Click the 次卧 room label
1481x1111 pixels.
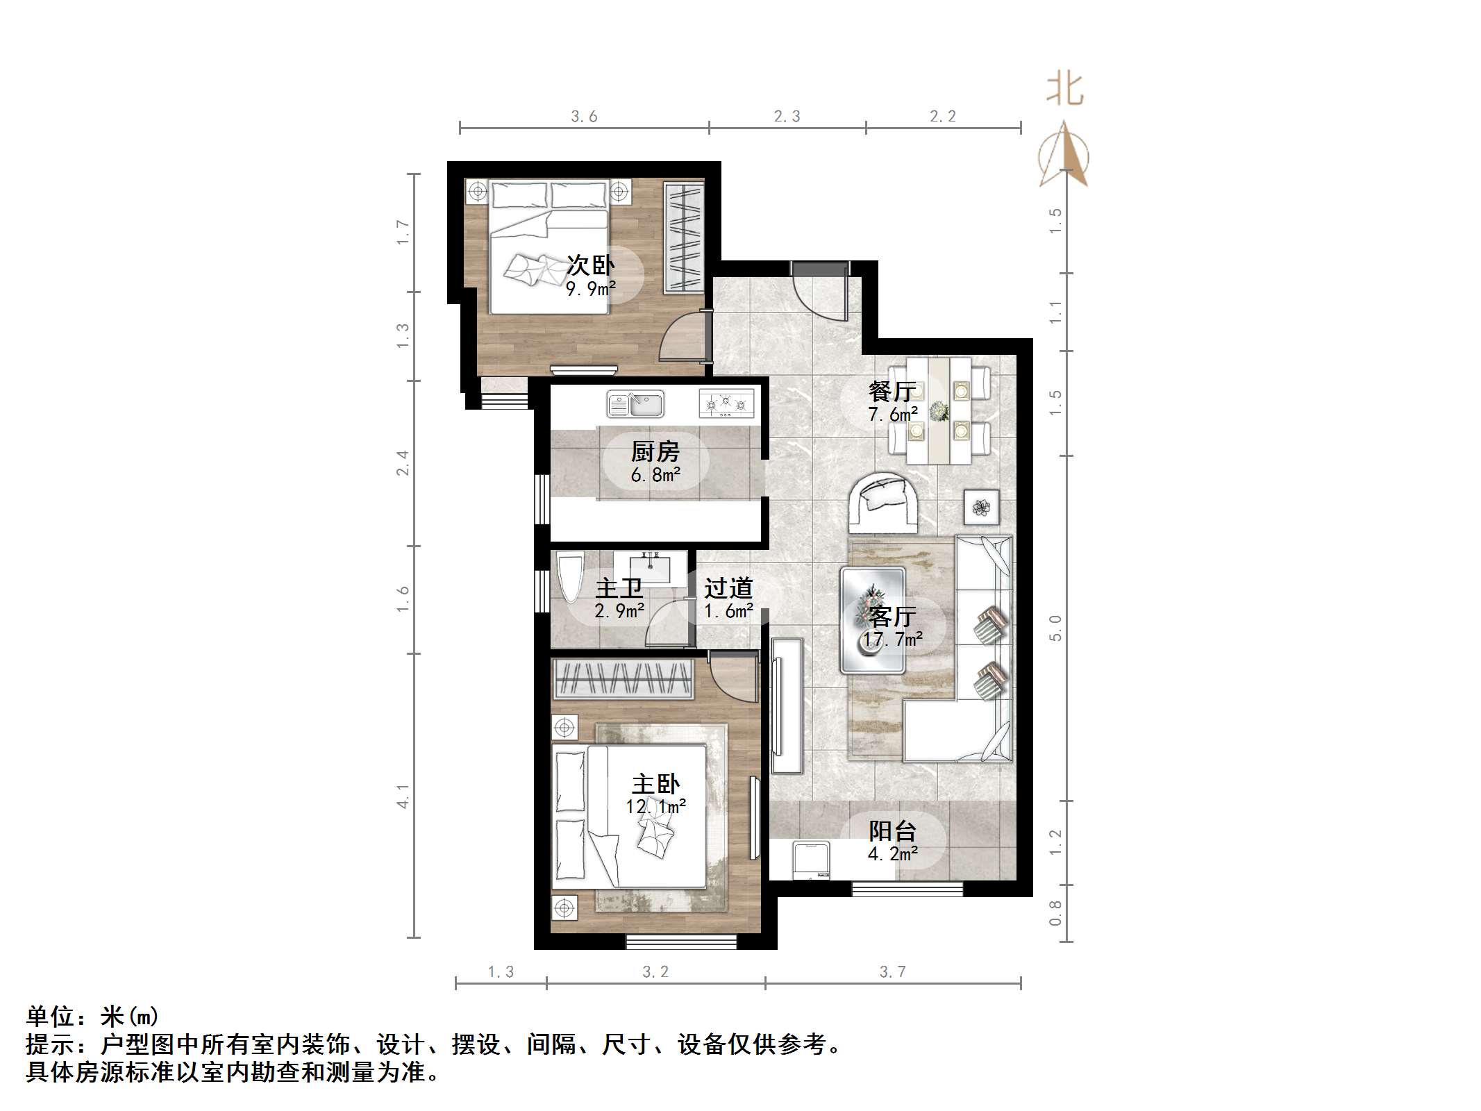(x=591, y=265)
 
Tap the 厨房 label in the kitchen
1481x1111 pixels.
(x=655, y=452)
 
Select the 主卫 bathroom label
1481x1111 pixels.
(x=619, y=589)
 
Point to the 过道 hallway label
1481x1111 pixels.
(x=728, y=589)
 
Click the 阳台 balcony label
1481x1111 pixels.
(x=893, y=831)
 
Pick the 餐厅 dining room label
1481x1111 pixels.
(x=892, y=392)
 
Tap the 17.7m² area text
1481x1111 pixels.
(x=893, y=639)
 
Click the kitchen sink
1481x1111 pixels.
(x=635, y=403)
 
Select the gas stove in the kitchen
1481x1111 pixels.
(x=726, y=403)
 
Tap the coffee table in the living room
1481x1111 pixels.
(x=873, y=620)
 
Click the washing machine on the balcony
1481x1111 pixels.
(x=811, y=861)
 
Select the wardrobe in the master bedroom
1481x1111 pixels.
(x=623, y=678)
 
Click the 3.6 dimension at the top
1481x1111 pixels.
(x=584, y=117)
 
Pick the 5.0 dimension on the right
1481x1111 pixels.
(x=1055, y=628)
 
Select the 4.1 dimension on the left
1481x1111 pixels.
(x=403, y=796)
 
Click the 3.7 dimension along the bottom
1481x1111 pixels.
(x=893, y=971)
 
